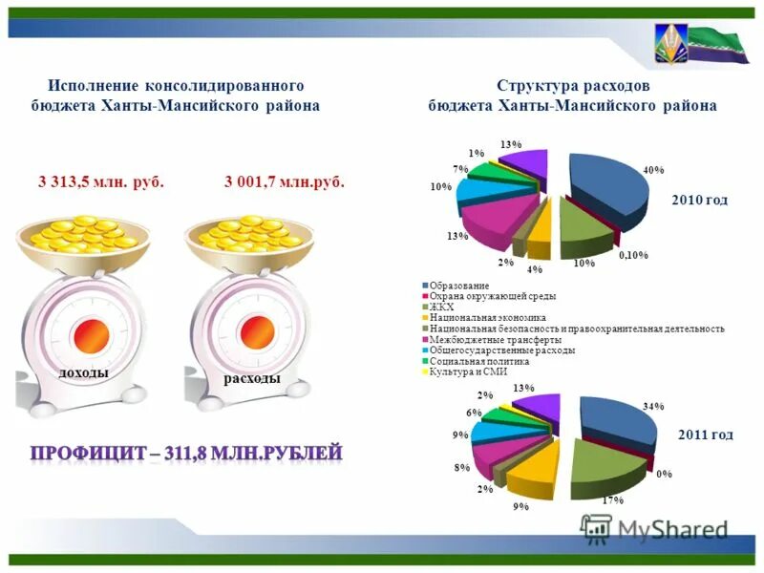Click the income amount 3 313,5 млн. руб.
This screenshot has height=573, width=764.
101,182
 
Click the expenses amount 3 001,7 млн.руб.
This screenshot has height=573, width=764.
285,182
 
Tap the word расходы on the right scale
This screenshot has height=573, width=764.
252,379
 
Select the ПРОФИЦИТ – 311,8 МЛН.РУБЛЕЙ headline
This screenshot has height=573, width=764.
185,453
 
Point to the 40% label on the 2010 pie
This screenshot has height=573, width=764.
653,171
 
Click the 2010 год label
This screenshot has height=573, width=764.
699,200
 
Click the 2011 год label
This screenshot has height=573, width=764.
705,435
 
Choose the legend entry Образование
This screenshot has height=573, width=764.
458,286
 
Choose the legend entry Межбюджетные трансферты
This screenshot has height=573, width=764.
495,339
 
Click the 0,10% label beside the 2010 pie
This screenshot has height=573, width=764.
633,255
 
